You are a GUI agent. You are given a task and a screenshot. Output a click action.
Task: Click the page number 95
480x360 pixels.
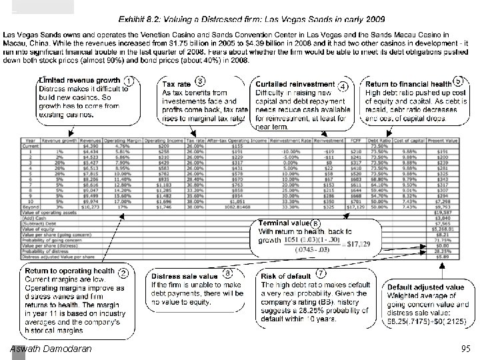[465, 349]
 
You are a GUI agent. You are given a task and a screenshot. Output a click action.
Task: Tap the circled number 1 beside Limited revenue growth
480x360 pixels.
[129, 81]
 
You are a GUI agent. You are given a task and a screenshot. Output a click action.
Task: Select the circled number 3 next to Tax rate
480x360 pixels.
[200, 81]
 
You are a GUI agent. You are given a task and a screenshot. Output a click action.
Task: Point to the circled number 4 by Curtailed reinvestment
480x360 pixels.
[343, 85]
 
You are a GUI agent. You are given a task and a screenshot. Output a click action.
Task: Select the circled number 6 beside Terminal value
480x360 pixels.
[315, 223]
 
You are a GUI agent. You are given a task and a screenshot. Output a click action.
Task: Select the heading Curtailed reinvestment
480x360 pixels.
[294, 84]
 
